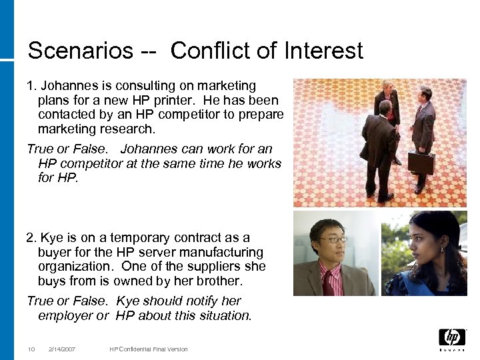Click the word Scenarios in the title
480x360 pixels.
click(80, 51)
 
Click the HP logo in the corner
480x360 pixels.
click(451, 338)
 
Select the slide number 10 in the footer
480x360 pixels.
click(31, 349)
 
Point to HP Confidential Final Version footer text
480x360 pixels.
click(149, 349)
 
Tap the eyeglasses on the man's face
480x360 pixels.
click(333, 239)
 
